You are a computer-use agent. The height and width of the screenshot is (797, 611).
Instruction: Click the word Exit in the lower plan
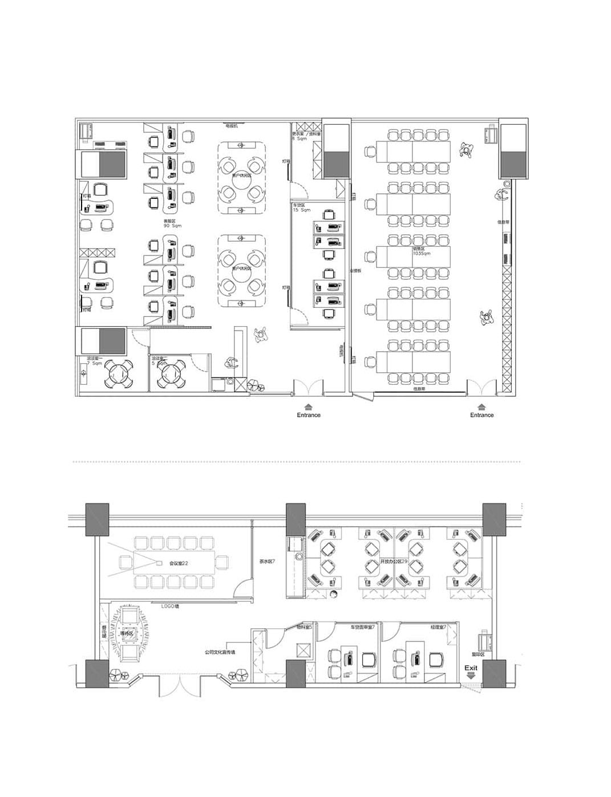(471, 668)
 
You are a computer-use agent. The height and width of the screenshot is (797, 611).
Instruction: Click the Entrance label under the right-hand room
(481, 415)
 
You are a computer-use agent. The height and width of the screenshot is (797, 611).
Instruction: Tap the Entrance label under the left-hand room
(309, 415)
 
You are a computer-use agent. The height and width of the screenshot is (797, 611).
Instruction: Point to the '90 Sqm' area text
(172, 226)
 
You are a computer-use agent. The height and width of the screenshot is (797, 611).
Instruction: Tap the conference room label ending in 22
(179, 563)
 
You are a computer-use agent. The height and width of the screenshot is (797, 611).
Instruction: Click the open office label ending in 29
(394, 562)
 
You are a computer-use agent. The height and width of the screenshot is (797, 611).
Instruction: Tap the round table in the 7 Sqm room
(119, 375)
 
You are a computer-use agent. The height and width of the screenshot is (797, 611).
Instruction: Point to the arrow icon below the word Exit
(471, 675)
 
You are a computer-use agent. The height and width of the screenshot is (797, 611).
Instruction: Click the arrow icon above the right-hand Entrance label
(481, 406)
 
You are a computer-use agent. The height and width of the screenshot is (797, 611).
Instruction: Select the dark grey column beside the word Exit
(494, 673)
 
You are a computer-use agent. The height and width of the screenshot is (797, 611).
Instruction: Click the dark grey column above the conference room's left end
(97, 519)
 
